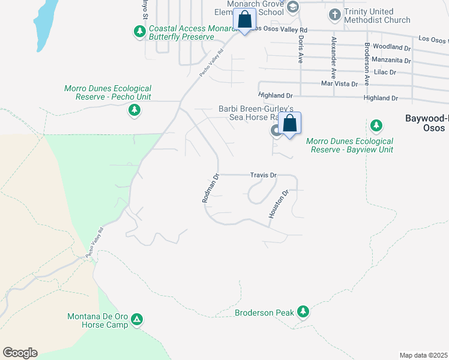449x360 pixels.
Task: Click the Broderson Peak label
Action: coord(264,313)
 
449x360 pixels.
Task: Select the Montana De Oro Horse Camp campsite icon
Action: coord(137,319)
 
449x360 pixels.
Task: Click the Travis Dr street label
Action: coord(264,175)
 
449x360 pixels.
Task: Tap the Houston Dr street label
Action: coord(279,204)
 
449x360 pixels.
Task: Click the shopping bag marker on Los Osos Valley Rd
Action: coord(245,20)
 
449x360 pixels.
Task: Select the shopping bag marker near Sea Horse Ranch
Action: coord(290,124)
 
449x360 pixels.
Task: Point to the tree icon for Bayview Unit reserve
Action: coord(376,125)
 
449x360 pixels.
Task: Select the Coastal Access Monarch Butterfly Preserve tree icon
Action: coord(140,31)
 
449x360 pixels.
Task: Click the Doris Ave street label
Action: coord(300,49)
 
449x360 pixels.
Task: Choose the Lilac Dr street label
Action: coord(384,72)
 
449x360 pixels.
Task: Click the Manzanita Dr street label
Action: coord(391,60)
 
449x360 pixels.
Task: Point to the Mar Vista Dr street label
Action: coord(339,84)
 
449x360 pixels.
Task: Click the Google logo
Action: coord(20,353)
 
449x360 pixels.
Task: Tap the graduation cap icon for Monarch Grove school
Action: coord(293,7)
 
